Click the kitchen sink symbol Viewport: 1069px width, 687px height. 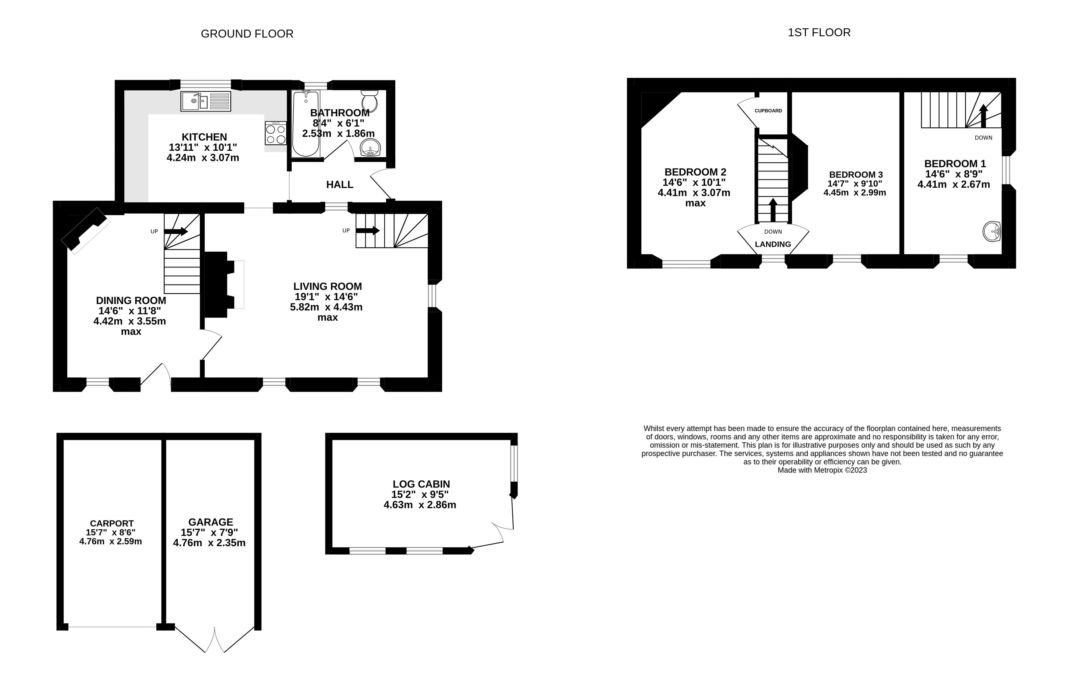pos(206,101)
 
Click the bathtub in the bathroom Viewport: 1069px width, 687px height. pos(306,124)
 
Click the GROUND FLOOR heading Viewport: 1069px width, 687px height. pos(247,34)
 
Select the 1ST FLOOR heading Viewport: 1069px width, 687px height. pos(819,33)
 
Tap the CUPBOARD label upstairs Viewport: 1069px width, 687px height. pos(768,111)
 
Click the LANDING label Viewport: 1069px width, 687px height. pos(773,244)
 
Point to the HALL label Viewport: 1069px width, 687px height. pos(340,184)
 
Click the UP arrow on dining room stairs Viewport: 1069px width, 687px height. pos(176,231)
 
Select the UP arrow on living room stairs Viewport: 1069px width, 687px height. pos(368,231)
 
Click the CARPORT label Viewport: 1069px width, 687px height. pos(112,523)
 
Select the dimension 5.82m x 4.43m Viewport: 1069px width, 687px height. pos(326,307)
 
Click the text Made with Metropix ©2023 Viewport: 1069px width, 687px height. pos(822,470)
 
